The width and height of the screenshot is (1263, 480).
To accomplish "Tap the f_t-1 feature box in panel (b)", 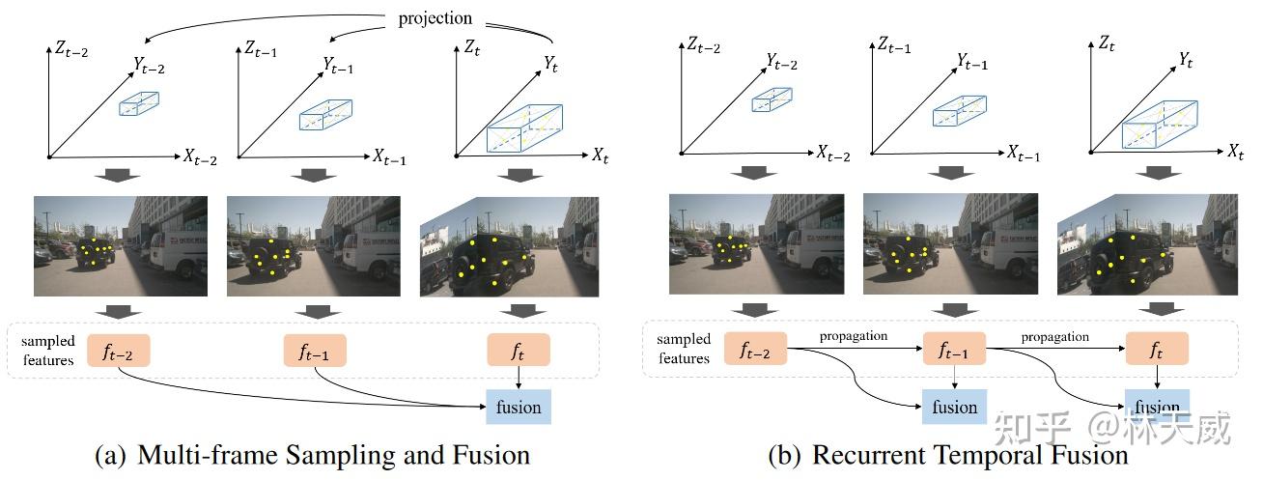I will pos(954,350).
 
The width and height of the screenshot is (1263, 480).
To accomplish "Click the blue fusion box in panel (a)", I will pos(519,407).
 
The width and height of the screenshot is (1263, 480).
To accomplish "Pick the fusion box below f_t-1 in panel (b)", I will pos(954,408).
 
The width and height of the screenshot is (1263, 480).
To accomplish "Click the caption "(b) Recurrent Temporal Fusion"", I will pos(947,454).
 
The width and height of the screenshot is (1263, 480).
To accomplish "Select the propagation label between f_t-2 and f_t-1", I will pos(855,336).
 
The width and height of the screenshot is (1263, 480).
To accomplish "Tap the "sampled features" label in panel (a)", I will pos(47,351).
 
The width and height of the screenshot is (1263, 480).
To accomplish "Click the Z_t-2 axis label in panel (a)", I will pos(70,48).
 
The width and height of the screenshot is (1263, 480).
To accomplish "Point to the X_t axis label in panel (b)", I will pos(1235,152).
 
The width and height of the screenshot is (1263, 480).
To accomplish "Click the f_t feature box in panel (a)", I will pos(519,350).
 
